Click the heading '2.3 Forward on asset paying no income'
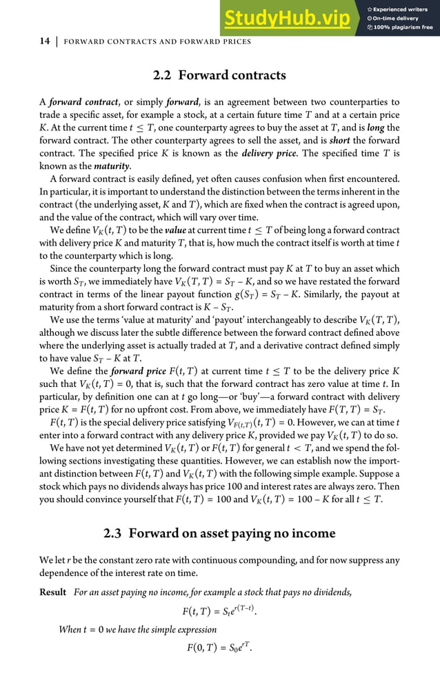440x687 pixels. coord(219,533)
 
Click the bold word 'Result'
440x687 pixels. coord(53,592)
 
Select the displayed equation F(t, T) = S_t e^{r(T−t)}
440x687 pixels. coord(219,610)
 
